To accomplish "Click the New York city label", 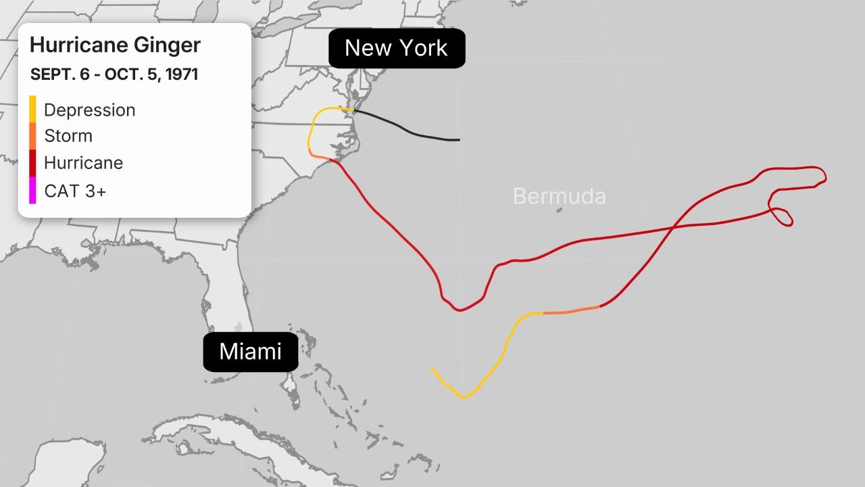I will [x=397, y=48].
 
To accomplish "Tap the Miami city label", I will [x=251, y=352].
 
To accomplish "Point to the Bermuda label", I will [x=559, y=196].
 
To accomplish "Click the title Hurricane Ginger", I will [x=115, y=45].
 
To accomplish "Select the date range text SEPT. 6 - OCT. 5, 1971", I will [x=114, y=74].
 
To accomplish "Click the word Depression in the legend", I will [x=89, y=110].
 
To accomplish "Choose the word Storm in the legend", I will [x=68, y=136].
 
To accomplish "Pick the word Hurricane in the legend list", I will [x=83, y=163].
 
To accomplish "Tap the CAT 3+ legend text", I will [x=75, y=191].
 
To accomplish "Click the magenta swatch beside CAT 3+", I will [x=32, y=191].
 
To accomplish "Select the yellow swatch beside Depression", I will [x=32, y=110].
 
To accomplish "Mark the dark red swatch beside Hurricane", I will [x=32, y=163].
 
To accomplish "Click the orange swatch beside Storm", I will [x=32, y=136].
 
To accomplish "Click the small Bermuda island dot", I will [x=559, y=210].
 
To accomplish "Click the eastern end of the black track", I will [x=459, y=140].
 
